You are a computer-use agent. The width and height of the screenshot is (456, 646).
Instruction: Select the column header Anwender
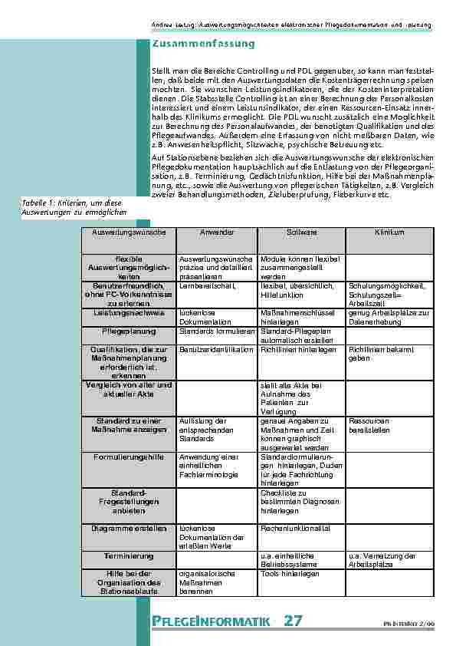[217, 231]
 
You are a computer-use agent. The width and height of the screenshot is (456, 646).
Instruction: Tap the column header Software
[302, 231]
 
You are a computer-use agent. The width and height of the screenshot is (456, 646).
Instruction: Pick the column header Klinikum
[389, 231]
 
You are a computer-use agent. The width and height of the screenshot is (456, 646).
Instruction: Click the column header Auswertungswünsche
[128, 231]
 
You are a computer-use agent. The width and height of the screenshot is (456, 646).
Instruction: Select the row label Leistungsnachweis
[128, 313]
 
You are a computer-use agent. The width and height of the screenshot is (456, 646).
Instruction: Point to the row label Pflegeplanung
[128, 331]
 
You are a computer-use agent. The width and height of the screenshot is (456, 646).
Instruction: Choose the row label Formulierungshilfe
[128, 457]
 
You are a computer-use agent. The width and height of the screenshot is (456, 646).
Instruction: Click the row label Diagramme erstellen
[128, 529]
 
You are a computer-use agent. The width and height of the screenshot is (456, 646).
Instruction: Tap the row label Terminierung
[128, 555]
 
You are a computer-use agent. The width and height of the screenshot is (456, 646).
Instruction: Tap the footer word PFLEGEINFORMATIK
[211, 620]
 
